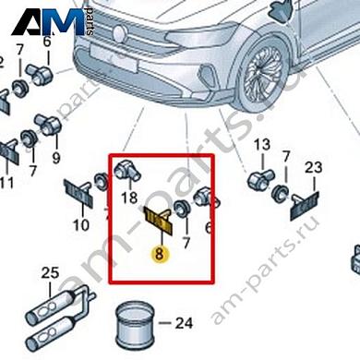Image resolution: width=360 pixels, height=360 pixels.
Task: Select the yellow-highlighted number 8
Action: pos(161,252)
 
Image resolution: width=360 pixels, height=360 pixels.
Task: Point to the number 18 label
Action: pos(129,197)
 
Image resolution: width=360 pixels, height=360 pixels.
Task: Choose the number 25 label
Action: pos(50,272)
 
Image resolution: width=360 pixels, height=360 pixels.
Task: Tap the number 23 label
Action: pos(314,166)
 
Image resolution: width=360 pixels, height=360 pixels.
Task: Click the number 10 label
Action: pos(81,224)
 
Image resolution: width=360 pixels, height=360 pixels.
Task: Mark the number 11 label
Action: pos(7,184)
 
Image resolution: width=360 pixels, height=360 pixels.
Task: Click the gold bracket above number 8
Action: pos(158,221)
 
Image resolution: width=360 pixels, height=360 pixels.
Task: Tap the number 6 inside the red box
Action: pos(208,227)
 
